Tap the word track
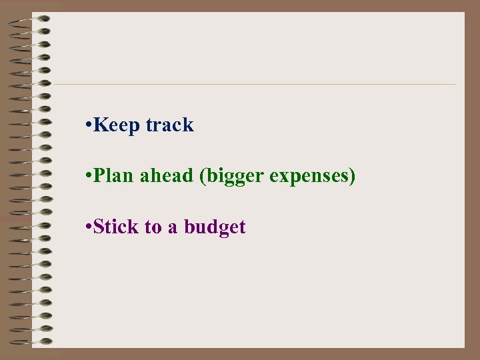tap(169, 125)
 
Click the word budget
tap(215, 228)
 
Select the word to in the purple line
tap(153, 228)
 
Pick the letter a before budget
tap(173, 229)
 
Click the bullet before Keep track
tap(89, 125)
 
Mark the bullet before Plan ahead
tap(89, 177)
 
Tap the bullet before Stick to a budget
tap(89, 227)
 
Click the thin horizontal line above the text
tap(253, 85)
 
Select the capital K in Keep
tap(101, 125)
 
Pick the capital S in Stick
tap(99, 227)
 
